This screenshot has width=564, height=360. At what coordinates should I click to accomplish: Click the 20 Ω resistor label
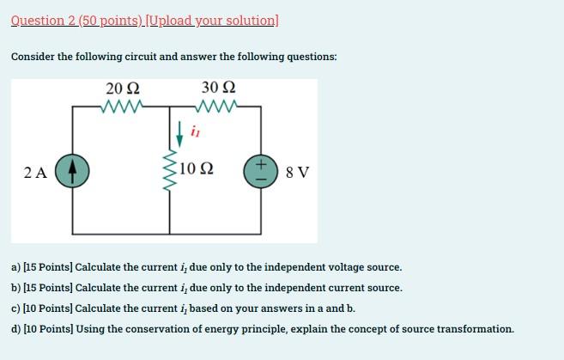click(x=123, y=88)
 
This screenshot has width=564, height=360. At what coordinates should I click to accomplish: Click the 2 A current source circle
click(x=72, y=171)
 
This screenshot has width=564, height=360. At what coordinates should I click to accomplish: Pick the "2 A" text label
click(x=36, y=172)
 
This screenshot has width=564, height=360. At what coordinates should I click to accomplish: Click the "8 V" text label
click(x=297, y=172)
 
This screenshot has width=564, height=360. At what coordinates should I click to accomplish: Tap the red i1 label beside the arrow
click(x=196, y=132)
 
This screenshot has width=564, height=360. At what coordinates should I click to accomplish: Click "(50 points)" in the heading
click(x=111, y=21)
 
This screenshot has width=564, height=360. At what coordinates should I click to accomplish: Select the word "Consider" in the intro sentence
click(x=33, y=57)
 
